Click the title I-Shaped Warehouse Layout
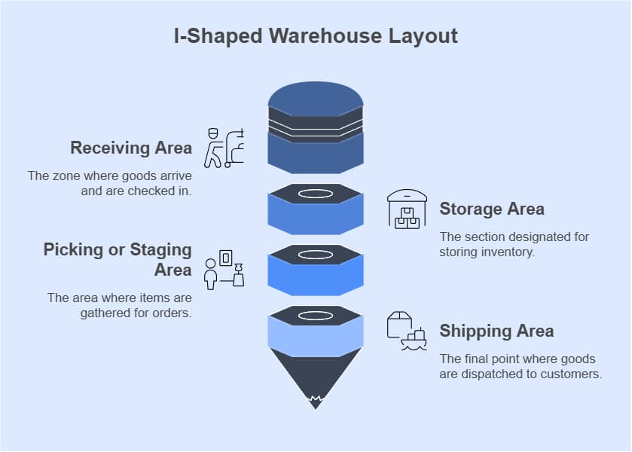click(316, 36)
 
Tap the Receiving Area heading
click(131, 148)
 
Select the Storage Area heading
click(491, 209)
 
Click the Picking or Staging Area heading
click(118, 259)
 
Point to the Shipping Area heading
click(496, 331)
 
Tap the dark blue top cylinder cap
click(316, 98)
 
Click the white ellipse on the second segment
click(316, 194)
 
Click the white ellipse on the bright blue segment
click(316, 255)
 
